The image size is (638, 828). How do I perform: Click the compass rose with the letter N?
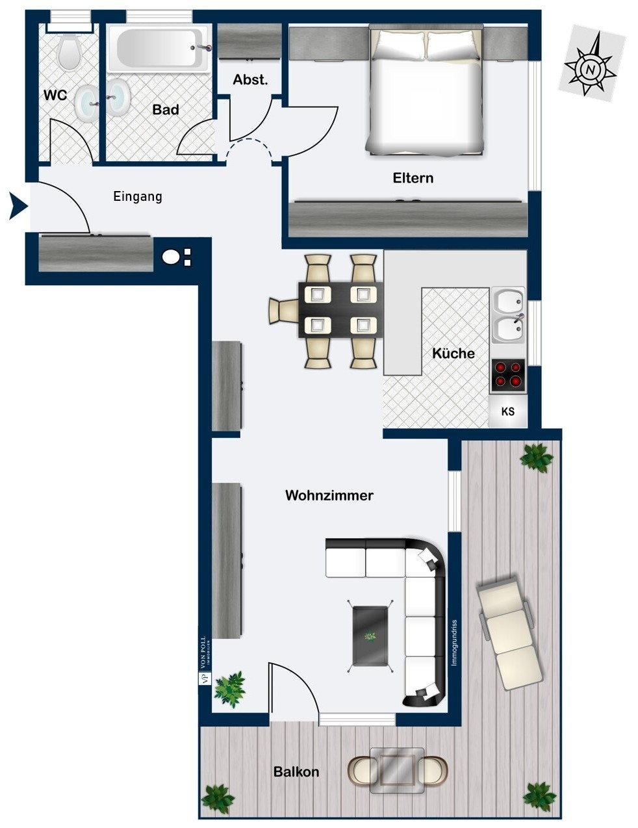(591, 64)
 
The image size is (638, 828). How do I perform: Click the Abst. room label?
(250, 80)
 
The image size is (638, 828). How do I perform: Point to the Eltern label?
(413, 178)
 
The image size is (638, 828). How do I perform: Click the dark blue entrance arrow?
(18, 207)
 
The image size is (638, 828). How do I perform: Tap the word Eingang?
(138, 197)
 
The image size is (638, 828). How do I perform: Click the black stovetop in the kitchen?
(507, 375)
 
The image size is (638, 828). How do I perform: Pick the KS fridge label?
(507, 411)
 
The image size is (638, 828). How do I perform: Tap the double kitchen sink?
(508, 315)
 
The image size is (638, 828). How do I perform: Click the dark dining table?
(340, 310)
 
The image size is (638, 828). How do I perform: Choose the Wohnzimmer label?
(329, 495)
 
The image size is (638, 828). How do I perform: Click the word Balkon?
(296, 772)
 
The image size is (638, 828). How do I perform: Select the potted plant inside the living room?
(230, 690)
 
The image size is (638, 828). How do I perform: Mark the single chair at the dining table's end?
(284, 311)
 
